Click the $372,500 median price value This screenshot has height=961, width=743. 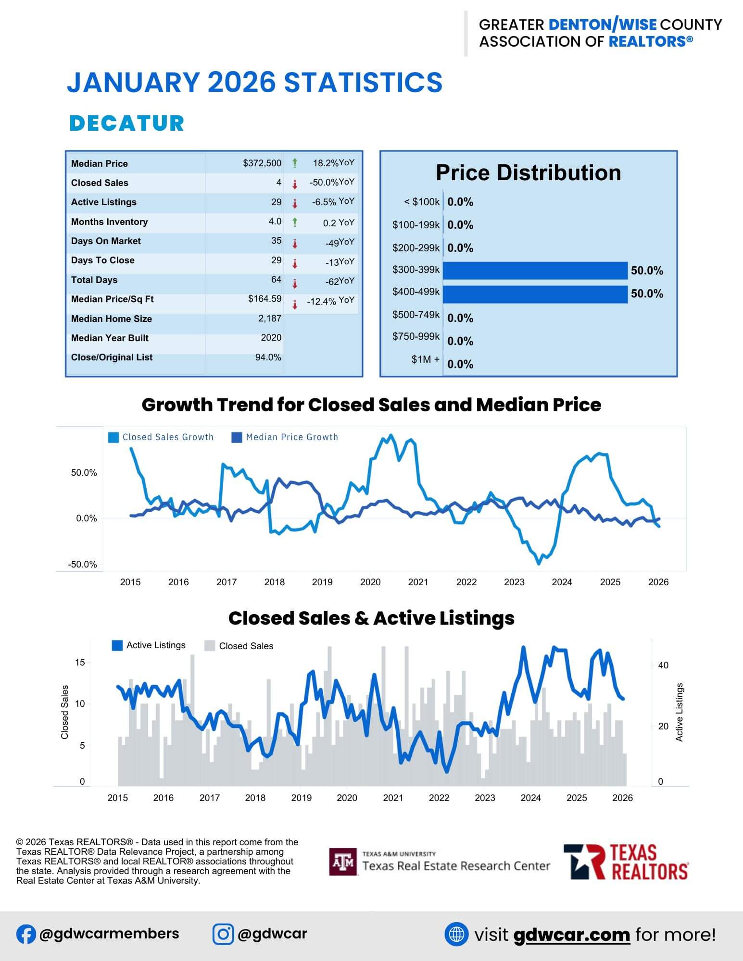pos(262,163)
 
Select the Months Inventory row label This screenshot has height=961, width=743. pos(109,222)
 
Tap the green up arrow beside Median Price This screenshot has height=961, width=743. pos(295,163)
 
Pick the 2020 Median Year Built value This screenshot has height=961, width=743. pos(271,338)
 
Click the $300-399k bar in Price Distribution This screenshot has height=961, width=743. pos(535,271)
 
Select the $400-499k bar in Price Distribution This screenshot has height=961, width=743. pos(535,294)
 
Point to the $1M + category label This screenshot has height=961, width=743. pos(425,359)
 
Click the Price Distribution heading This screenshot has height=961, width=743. pos(528,173)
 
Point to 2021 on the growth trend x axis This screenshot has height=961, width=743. pos(418,582)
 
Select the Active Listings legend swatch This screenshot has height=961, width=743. pos(117,645)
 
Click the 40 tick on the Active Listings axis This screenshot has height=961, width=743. pos(663,665)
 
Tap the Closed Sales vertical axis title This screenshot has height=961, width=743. pos(65,712)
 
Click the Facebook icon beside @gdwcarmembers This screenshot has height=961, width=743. pos(26,934)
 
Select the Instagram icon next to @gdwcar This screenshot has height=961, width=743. pos(223,934)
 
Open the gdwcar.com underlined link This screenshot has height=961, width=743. pos(571,935)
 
